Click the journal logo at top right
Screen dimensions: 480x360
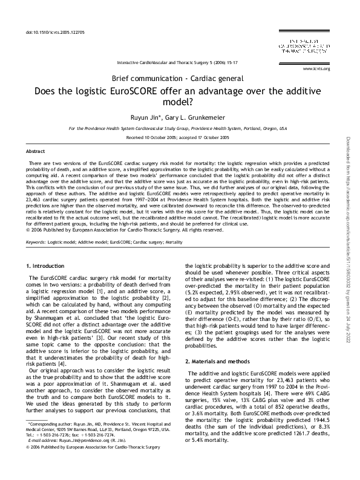pos(310,46)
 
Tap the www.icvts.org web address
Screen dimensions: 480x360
pos(319,68)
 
